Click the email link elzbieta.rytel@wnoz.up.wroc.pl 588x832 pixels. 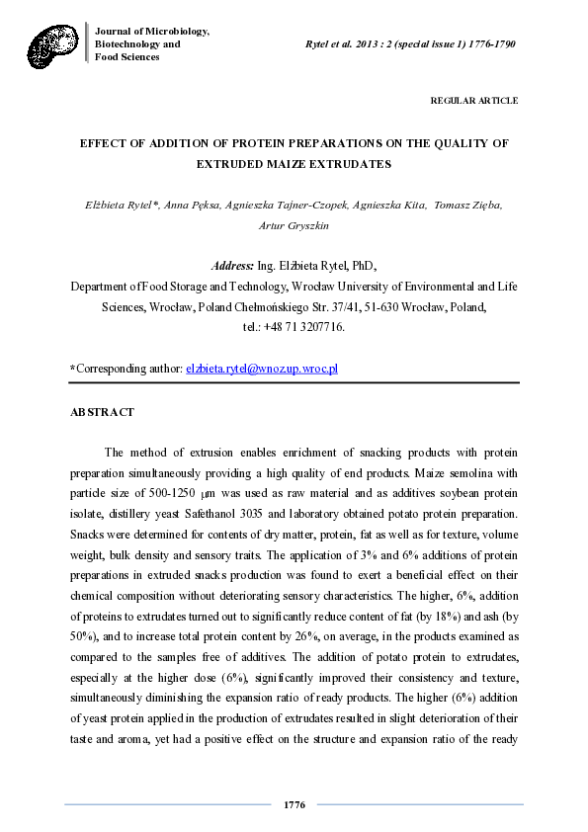262,369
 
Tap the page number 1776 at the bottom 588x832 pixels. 294,804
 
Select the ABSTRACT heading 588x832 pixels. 102,411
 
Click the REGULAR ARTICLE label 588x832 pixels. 474,101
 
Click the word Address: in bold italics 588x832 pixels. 233,267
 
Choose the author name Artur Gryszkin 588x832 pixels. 294,224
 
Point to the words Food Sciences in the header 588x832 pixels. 126,57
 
